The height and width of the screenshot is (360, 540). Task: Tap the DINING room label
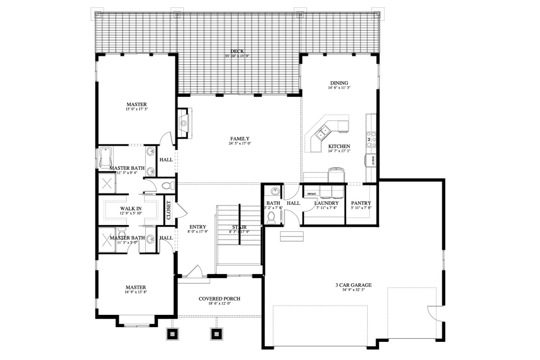pos(339,83)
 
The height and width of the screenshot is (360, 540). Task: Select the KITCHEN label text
pos(339,146)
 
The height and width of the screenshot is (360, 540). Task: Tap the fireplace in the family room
pos(184,123)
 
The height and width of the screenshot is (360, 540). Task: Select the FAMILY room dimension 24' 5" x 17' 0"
pos(239,144)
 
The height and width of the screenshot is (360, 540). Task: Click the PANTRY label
pos(361,203)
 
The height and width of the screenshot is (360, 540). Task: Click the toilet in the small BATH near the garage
pos(272,217)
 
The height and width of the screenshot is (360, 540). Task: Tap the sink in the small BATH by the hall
pos(275,192)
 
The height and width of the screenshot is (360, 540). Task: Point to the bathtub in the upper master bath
pos(105,158)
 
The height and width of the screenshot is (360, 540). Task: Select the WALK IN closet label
pos(130,208)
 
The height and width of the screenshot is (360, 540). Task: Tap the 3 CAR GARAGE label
pos(351,285)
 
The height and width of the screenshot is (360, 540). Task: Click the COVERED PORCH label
pos(219,298)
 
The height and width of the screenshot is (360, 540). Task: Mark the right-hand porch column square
pos(216,334)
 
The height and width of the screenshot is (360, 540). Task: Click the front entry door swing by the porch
pos(194,271)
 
